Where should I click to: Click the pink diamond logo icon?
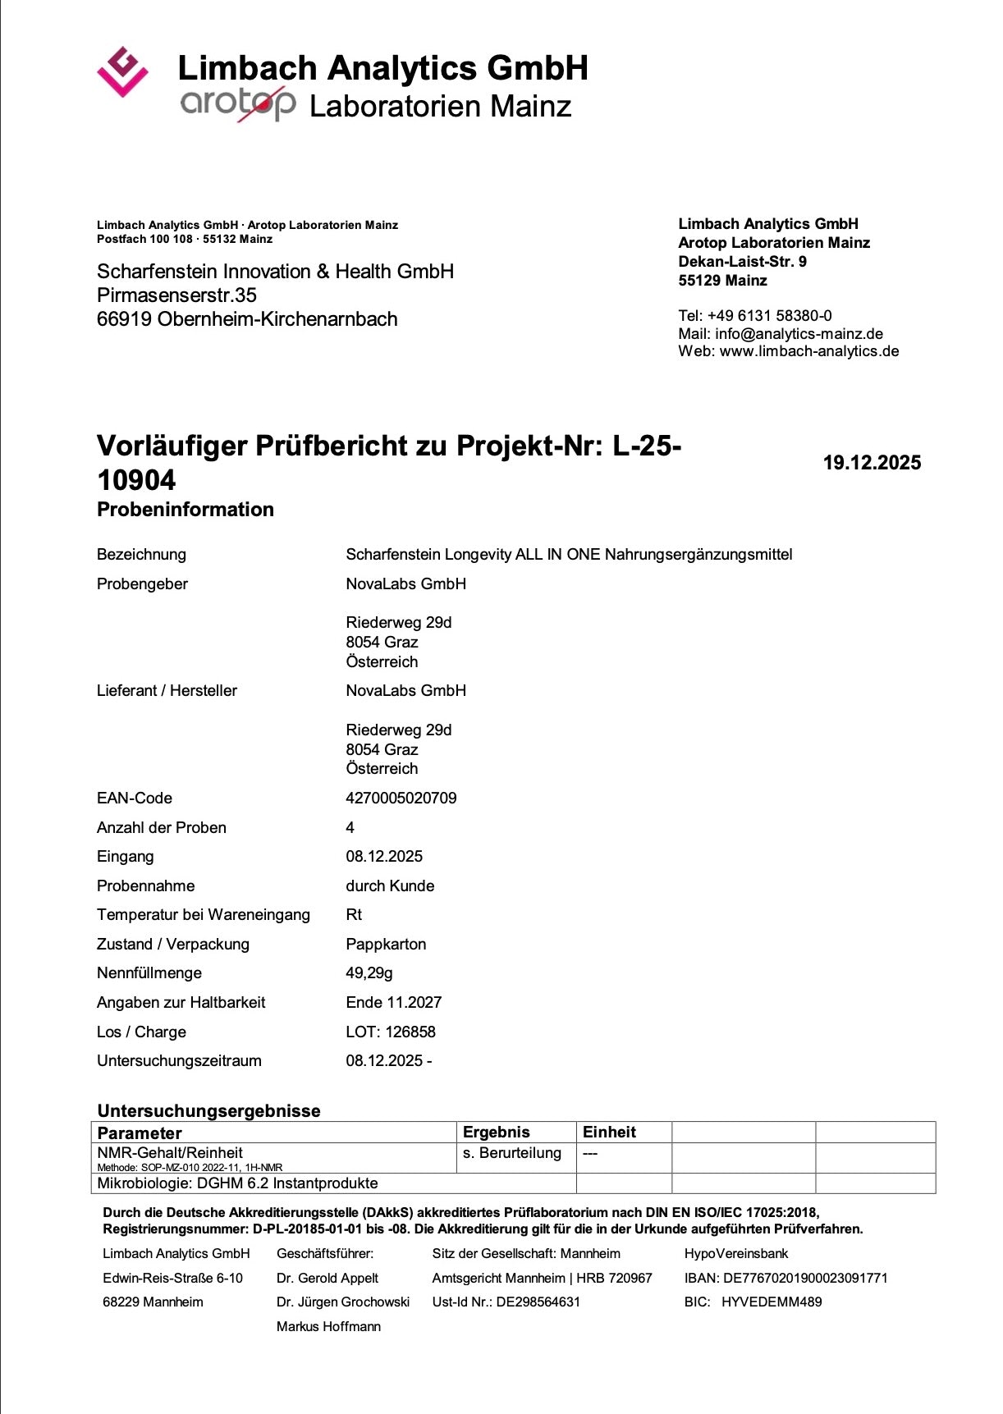pos(122,71)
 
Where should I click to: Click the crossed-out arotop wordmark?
pos(238,103)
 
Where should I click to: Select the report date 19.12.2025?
pos(872,463)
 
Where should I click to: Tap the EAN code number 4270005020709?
pos(401,798)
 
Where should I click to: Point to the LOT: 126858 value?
pos(391,1032)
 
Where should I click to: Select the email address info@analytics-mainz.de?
pos(799,333)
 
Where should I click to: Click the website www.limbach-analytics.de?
pos(808,351)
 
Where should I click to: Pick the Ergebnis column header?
pos(496,1132)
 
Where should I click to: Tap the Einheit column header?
pos(609,1132)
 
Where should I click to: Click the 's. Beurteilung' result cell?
pos(511,1153)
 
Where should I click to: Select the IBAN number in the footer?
pos(804,1278)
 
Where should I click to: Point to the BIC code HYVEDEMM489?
pos(771,1302)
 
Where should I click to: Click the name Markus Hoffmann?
pos(328,1326)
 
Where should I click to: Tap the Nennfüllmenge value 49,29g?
pos(369,972)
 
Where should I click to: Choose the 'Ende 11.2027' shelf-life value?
pos(393,1002)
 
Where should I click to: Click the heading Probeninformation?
pos(185,509)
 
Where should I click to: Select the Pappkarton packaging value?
pos(386,944)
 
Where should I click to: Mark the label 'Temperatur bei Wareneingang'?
pos(204,914)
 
